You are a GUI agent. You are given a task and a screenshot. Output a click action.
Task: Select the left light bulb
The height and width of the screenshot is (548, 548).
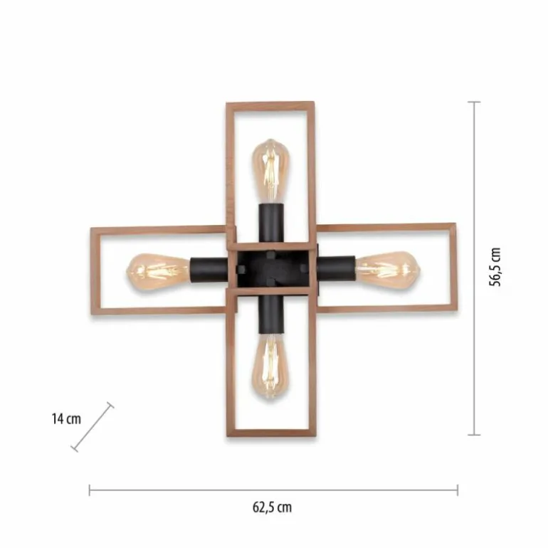pos(159,271)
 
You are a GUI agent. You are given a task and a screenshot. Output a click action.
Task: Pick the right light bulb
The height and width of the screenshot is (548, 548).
pos(387,268)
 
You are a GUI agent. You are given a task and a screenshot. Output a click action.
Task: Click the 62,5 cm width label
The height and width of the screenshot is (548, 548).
pos(273,507)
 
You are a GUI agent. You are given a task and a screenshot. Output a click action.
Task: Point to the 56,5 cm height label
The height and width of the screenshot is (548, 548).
pos(495,267)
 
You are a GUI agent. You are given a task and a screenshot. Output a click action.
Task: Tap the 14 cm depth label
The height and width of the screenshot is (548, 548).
pos(66,418)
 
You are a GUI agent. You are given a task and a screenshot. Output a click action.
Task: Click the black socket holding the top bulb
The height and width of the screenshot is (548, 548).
pos(271,223)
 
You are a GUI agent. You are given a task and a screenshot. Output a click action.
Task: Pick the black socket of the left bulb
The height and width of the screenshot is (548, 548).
pos(209,270)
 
